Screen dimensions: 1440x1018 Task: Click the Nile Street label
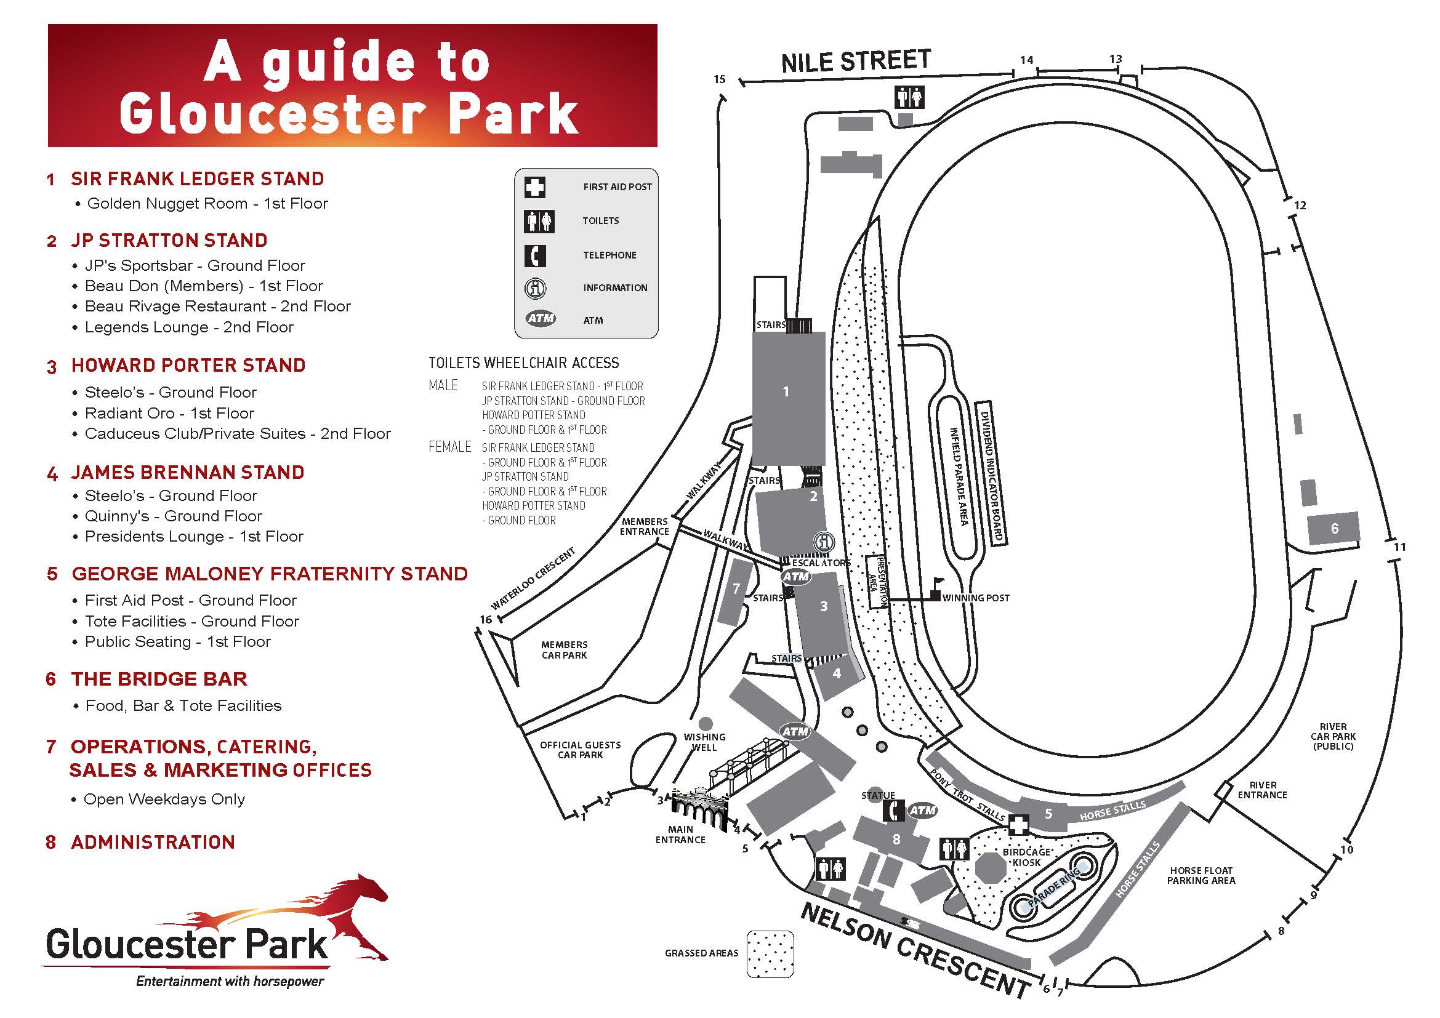(856, 62)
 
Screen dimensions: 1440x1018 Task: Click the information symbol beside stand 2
(824, 542)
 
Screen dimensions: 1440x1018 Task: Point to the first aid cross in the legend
(535, 187)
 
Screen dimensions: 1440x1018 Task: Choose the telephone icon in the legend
(535, 255)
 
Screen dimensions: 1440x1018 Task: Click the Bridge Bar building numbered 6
(1334, 529)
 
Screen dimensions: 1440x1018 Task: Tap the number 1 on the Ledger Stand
(786, 392)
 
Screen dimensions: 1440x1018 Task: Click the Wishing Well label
(704, 742)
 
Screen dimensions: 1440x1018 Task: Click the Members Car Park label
(565, 649)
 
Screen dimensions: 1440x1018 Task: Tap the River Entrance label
(1262, 790)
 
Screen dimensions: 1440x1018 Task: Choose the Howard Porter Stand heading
(188, 366)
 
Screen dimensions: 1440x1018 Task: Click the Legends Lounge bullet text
(189, 327)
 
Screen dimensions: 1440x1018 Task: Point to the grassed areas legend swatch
(770, 953)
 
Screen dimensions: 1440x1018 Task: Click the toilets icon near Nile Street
(910, 98)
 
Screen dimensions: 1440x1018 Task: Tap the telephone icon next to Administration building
(894, 811)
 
